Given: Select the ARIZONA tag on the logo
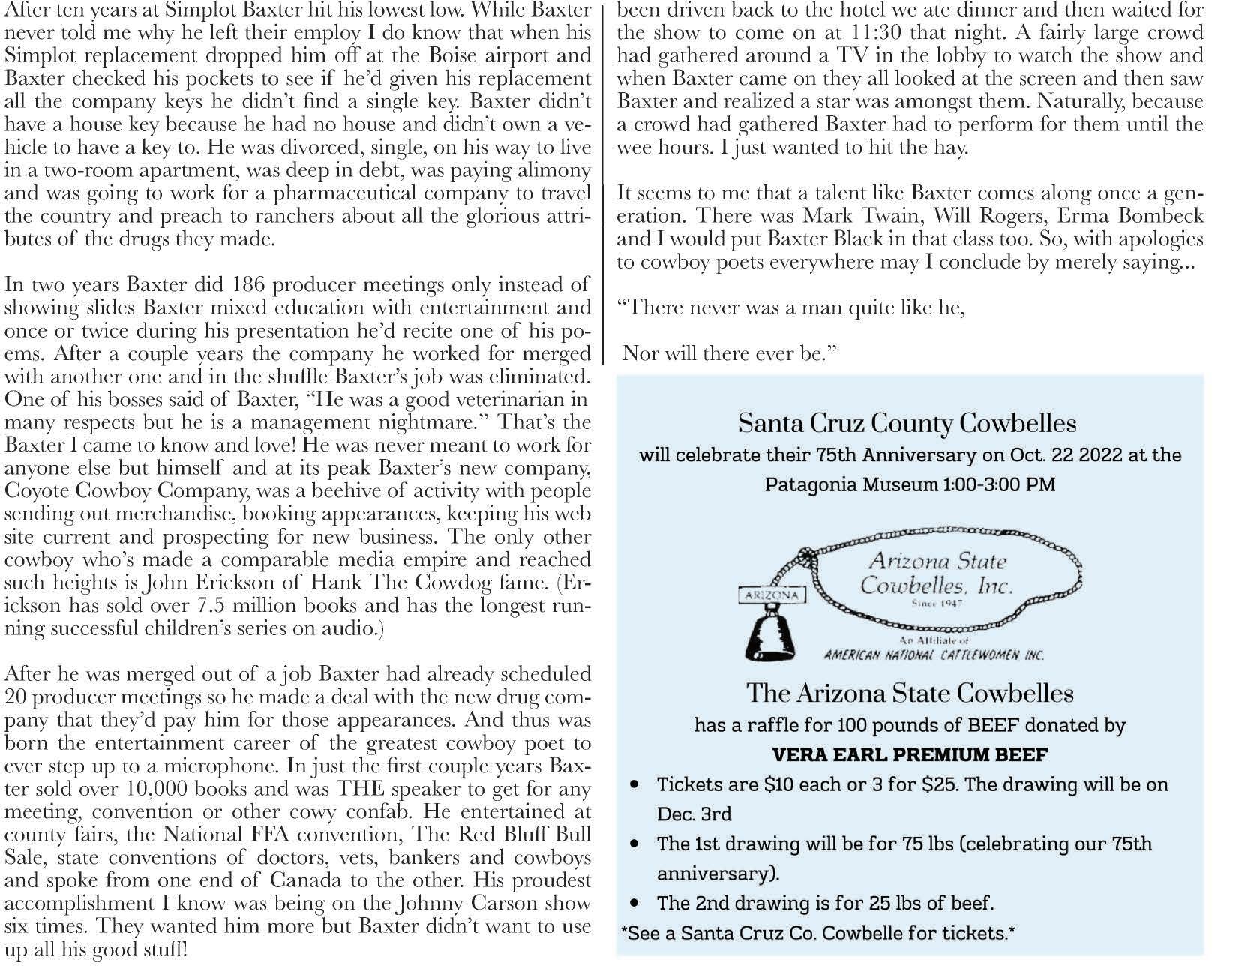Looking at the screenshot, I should (x=771, y=595).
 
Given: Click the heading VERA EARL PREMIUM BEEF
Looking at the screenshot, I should (x=910, y=754).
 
